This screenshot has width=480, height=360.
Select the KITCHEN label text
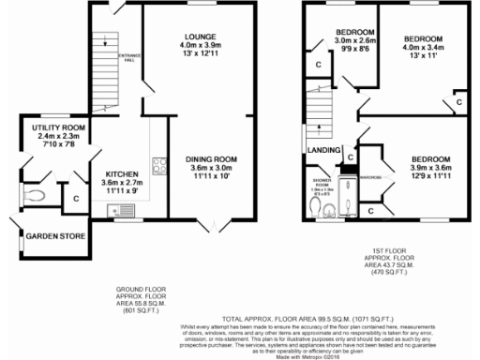[x=122, y=173]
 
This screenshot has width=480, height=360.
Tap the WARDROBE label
[x=369, y=175]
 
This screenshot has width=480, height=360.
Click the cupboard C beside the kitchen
[x=75, y=198]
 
